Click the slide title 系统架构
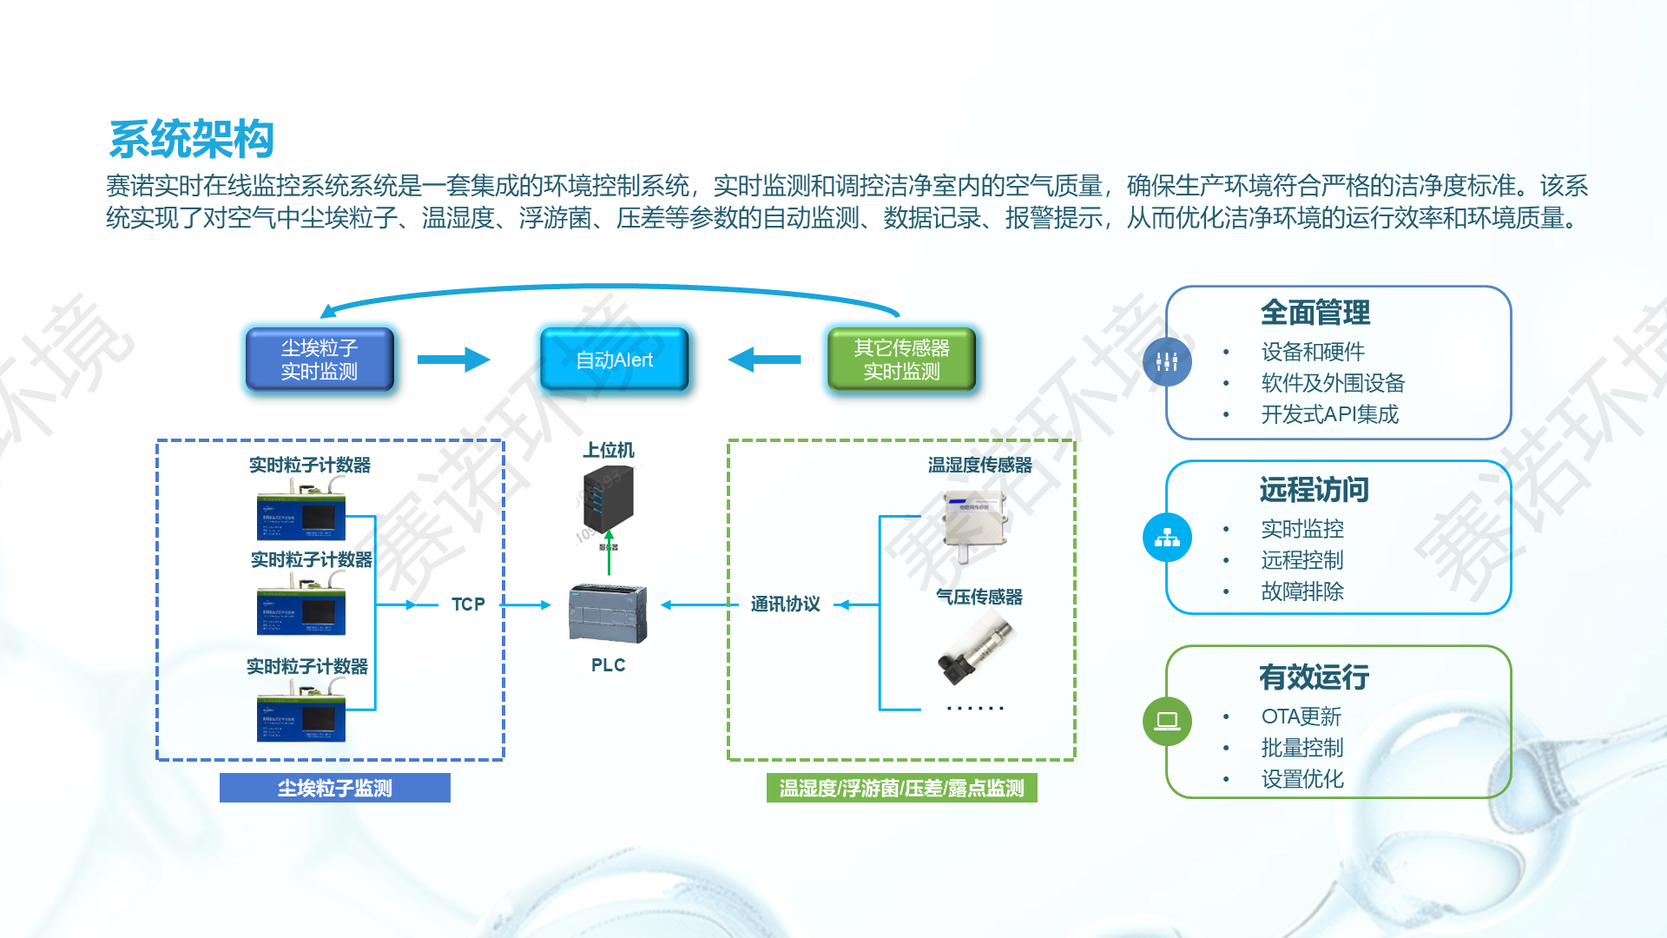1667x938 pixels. tap(191, 139)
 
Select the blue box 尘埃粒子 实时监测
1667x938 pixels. tap(320, 360)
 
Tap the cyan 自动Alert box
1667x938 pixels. tap(614, 360)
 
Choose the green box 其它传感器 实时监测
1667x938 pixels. tap(901, 360)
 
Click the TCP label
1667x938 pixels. tap(468, 604)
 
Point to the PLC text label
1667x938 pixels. tap(608, 665)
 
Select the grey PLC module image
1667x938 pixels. tap(608, 613)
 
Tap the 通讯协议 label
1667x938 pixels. tap(785, 604)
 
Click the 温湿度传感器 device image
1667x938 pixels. tap(976, 523)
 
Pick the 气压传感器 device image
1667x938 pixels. tap(977, 647)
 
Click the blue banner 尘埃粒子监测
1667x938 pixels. tap(334, 788)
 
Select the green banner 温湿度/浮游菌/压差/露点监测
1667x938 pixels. tap(901, 788)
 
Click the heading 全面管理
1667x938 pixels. tap(1314, 313)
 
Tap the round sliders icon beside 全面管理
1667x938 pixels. tap(1167, 362)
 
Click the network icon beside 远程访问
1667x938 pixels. tap(1167, 538)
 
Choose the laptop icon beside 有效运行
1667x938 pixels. tap(1167, 721)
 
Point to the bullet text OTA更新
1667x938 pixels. tap(1301, 717)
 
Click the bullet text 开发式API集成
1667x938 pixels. tap(1329, 414)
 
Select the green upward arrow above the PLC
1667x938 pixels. tap(609, 552)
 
